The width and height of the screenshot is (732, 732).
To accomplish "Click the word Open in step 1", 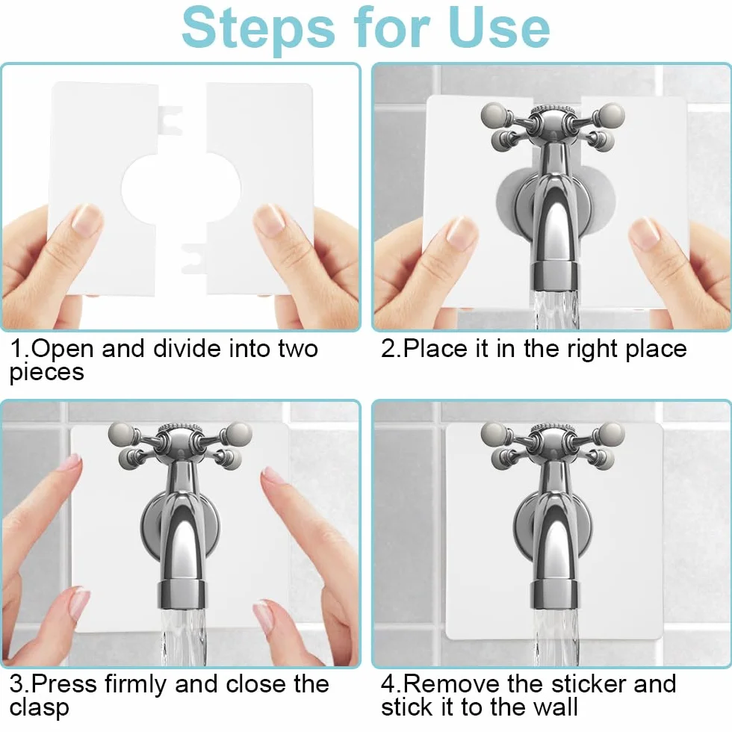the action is pos(63,349).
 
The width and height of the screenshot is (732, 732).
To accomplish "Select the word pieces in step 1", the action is pos(46,373).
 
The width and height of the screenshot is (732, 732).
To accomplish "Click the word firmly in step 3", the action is pos(135,684).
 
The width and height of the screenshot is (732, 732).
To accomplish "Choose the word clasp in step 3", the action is pos(39,708).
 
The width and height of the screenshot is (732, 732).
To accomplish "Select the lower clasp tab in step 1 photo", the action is pos(194,258).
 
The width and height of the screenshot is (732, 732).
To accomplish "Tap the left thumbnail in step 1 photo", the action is pos(87,220).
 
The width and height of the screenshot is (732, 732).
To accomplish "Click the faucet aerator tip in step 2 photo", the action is pos(554,276).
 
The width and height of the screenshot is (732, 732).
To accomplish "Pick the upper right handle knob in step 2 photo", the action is pos(612,114).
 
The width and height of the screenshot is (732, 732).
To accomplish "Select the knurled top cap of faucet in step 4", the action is pos(553,429).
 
